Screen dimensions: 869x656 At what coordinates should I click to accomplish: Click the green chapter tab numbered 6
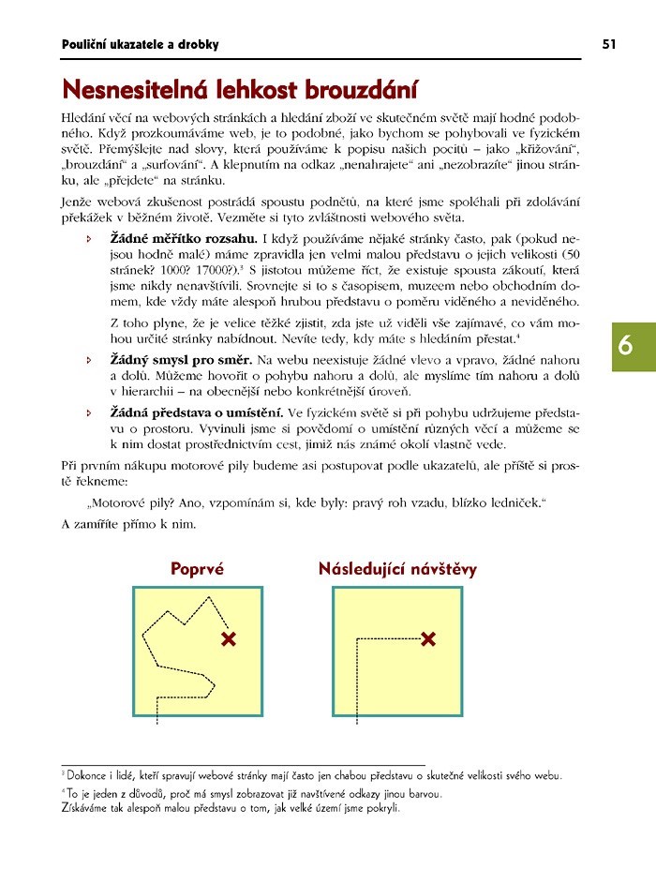pos(625,346)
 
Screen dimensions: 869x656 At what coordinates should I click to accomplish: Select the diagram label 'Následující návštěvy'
pos(397,568)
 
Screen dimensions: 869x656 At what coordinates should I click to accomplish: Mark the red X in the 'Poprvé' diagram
pos(228,639)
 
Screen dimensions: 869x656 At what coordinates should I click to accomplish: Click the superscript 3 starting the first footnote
pos(63,773)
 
